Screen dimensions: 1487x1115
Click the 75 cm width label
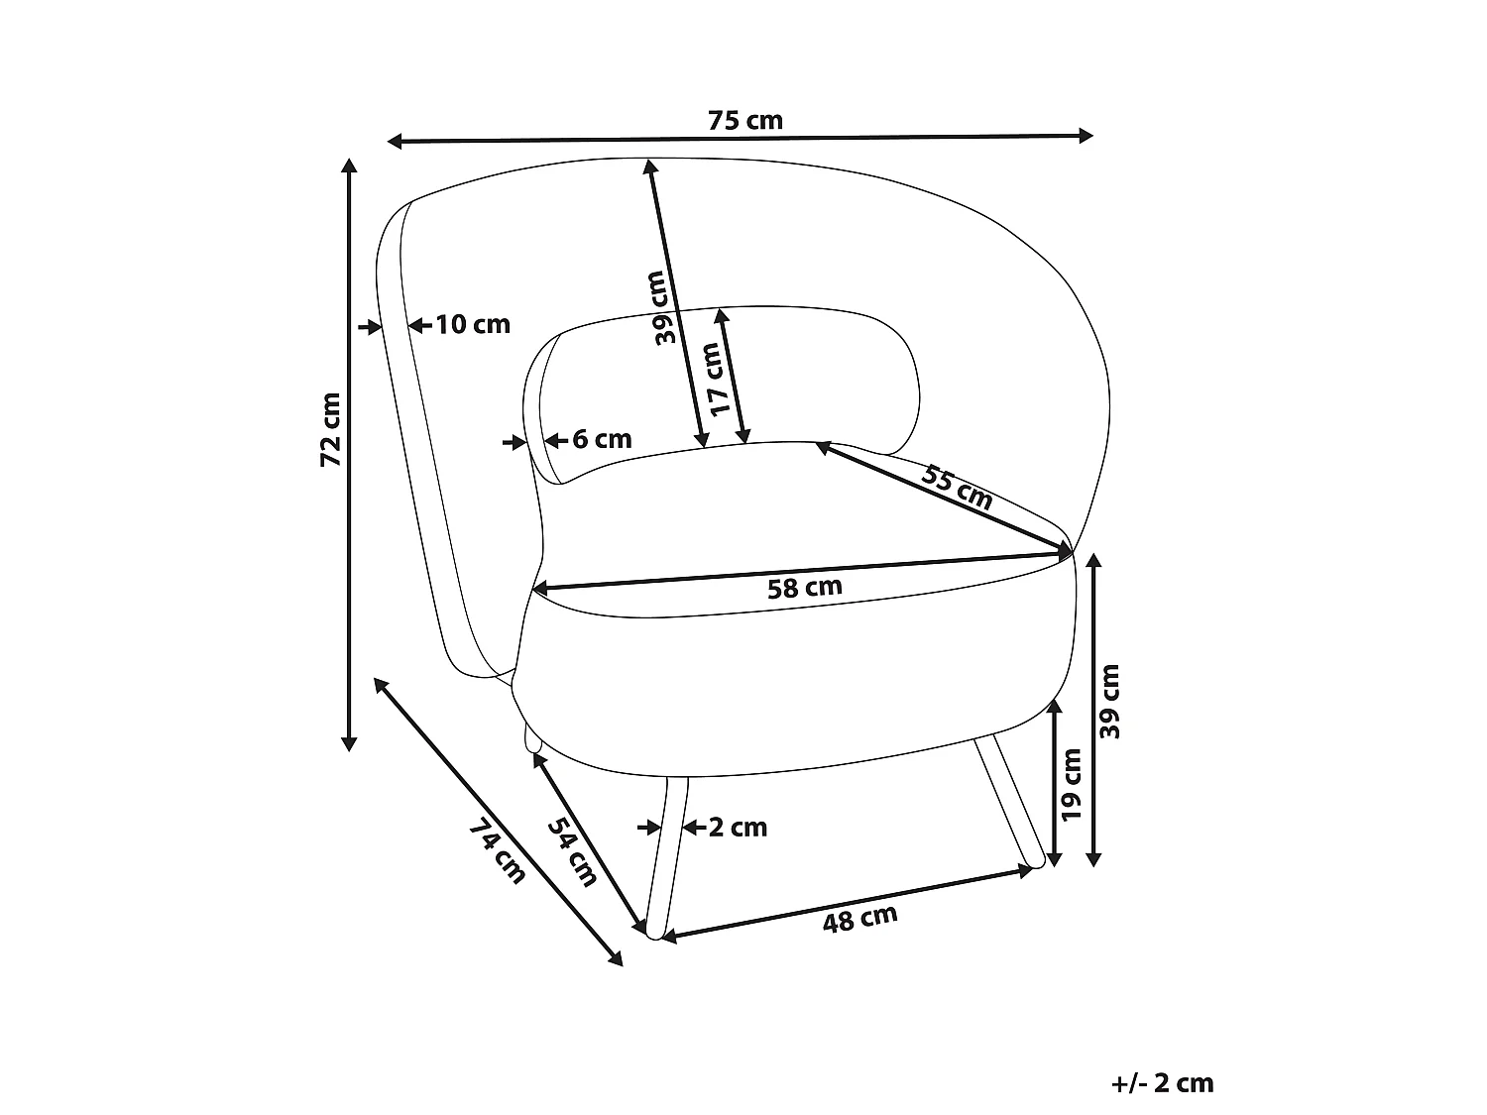745,121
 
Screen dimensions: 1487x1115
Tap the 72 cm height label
330,429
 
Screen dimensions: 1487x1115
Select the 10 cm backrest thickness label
472,325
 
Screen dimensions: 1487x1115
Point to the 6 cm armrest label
602,439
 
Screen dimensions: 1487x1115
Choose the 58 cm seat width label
805,588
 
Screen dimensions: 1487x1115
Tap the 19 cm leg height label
1072,785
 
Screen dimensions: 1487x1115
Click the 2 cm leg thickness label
738,828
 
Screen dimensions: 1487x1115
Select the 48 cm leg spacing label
860,919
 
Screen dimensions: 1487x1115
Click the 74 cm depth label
498,851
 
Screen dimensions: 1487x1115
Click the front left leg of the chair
666,857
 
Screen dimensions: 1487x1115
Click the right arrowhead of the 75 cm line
1086,136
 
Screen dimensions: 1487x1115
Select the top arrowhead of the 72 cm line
349,167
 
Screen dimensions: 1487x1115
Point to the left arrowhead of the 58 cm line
541,588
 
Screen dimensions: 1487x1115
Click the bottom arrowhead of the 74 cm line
616,958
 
